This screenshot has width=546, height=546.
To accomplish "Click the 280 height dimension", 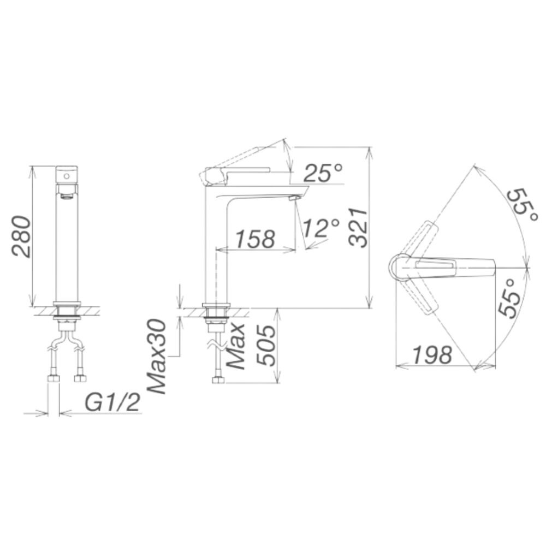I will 21,236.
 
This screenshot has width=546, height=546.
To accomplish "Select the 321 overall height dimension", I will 358,227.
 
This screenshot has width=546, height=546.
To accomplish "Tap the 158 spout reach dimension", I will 254,239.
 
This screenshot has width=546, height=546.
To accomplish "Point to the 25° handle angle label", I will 323,174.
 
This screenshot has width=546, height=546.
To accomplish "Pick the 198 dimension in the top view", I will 431,355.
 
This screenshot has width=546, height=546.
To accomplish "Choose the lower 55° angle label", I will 508,298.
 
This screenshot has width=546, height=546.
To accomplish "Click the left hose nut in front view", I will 54,378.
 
